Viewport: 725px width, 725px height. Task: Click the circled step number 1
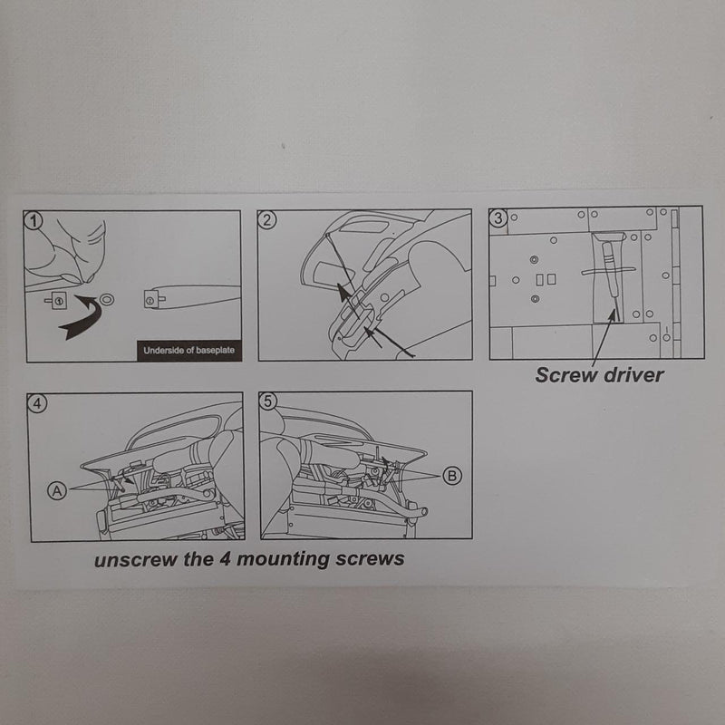point(34,218)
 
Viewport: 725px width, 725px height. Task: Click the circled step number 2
point(266,218)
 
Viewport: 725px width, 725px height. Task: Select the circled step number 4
point(35,403)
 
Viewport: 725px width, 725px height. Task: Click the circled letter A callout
point(57,489)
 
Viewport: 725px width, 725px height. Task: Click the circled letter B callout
point(453,475)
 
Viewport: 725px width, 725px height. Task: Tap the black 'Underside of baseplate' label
point(188,350)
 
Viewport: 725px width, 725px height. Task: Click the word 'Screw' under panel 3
point(565,374)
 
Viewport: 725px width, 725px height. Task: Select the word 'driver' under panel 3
point(632,374)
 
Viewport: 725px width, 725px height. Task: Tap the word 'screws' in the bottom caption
point(372,559)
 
